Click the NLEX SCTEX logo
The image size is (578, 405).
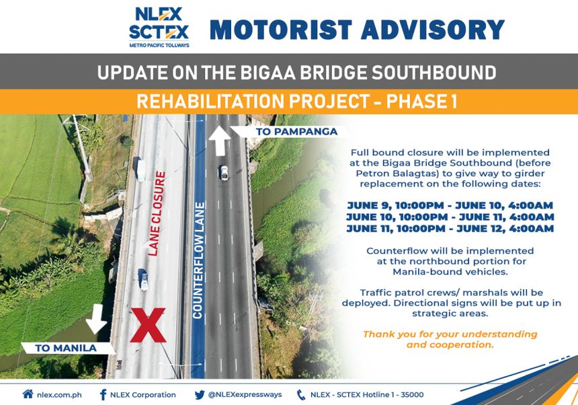pyautogui.click(x=159, y=27)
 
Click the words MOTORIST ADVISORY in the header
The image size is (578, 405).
pyautogui.click(x=357, y=29)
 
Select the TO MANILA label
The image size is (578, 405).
pyautogui.click(x=66, y=348)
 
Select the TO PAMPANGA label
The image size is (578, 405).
pyautogui.click(x=296, y=132)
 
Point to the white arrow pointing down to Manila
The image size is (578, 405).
pyautogui.click(x=97, y=318)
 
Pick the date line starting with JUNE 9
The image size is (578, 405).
pyautogui.click(x=450, y=205)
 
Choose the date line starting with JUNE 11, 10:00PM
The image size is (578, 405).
pyautogui.click(x=450, y=229)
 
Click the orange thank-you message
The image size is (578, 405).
pyautogui.click(x=450, y=339)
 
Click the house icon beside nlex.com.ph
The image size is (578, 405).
pyautogui.click(x=28, y=394)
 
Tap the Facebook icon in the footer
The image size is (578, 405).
pyautogui.click(x=103, y=394)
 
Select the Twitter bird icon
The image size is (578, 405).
pyautogui.click(x=199, y=394)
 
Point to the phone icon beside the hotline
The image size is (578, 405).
pyautogui.click(x=300, y=394)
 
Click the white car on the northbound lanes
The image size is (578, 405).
pyautogui.click(x=223, y=172)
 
